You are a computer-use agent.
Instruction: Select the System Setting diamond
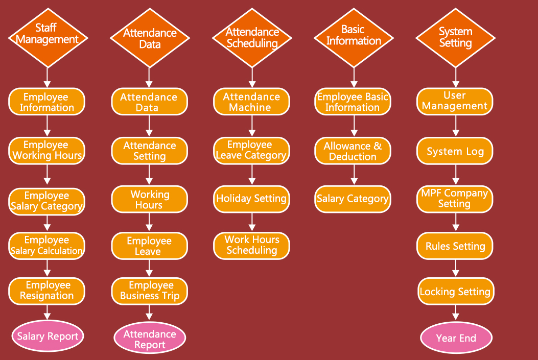(x=455, y=37)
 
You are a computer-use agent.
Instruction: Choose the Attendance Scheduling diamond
(x=251, y=37)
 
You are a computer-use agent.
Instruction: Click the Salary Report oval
(x=48, y=336)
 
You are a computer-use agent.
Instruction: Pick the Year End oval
(x=456, y=338)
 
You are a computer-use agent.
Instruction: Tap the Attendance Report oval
(x=150, y=339)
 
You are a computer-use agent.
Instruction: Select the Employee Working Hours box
(x=47, y=150)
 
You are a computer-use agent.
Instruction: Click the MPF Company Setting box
(x=455, y=199)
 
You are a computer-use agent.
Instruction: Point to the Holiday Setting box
(x=251, y=199)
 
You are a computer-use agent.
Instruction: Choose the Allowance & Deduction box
(x=353, y=151)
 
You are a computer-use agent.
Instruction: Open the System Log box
(x=455, y=152)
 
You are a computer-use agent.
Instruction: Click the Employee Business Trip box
(x=150, y=291)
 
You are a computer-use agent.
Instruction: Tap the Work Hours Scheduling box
(x=251, y=245)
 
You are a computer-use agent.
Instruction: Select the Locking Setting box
(x=455, y=292)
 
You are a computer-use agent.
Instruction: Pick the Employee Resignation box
(x=47, y=291)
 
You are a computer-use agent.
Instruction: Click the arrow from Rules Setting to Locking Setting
(x=455, y=268)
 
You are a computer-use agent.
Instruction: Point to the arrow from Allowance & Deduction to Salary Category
(x=353, y=176)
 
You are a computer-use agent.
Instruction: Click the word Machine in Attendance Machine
(x=250, y=108)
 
